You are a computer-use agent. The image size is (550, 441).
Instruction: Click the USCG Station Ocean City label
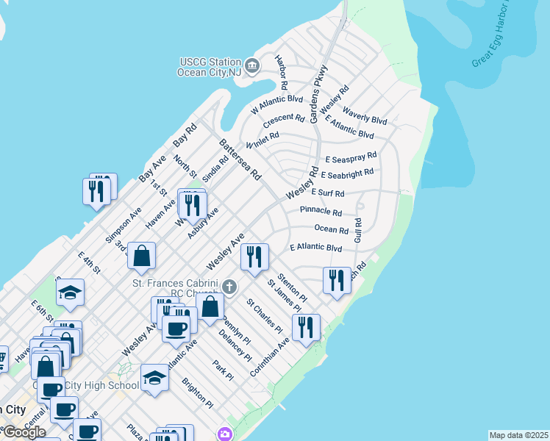coord(209,67)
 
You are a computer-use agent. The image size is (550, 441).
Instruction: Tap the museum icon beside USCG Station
coord(251,67)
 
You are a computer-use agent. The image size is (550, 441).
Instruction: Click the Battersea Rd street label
coord(240,159)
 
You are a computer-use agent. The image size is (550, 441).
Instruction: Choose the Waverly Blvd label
coord(365,115)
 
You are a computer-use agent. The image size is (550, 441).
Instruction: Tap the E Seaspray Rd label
coord(351,157)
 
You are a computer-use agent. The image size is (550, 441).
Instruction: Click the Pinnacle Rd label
coord(321,212)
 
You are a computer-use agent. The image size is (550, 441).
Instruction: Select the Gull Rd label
coord(358,232)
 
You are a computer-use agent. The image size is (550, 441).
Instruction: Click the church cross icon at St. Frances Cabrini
coord(229,286)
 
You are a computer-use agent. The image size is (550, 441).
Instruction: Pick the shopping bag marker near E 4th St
coord(142,257)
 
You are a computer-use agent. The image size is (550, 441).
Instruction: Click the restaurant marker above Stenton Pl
coord(254,257)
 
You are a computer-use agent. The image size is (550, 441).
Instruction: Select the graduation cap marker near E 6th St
coord(71,293)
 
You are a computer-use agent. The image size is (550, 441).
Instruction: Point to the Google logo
coord(24,432)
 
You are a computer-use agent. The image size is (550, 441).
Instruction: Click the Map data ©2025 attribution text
coord(518,435)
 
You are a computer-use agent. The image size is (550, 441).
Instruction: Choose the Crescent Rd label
coord(283,118)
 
